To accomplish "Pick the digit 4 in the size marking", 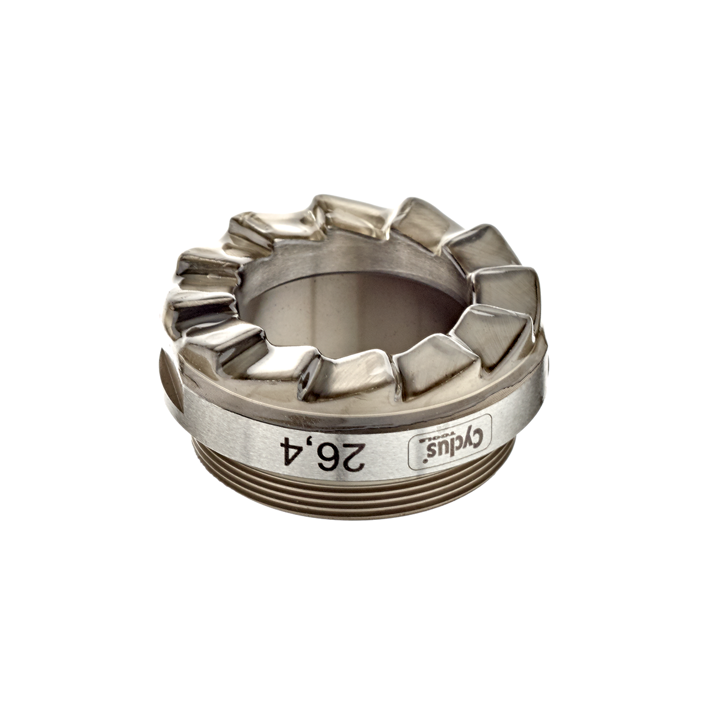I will [284, 448].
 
